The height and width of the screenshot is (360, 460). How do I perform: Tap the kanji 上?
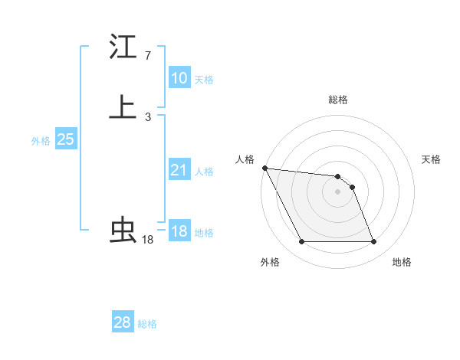tap(123, 107)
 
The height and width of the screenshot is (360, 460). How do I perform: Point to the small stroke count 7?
tap(147, 56)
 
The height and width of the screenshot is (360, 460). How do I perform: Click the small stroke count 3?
tap(147, 117)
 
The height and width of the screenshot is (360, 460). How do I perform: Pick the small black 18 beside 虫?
tap(147, 240)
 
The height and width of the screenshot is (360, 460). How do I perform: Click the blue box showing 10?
tap(179, 78)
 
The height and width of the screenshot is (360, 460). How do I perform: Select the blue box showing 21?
tap(179, 170)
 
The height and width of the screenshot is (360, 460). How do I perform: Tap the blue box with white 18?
tap(179, 231)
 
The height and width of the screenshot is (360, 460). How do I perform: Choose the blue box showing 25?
tap(65, 139)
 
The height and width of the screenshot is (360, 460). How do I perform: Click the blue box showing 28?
tap(122, 322)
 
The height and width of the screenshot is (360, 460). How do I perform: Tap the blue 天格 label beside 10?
tap(204, 80)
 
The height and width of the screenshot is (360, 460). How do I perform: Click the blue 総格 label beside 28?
tap(147, 324)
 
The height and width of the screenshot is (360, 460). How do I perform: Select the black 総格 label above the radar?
tap(337, 100)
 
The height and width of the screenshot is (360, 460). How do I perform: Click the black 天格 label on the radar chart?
tap(431, 159)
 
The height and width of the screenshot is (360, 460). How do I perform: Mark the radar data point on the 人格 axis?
tap(264, 168)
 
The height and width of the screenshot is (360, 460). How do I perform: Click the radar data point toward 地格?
tap(373, 242)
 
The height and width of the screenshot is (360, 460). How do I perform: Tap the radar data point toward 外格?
tap(301, 242)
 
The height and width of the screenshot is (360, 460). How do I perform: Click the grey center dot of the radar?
tap(337, 191)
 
